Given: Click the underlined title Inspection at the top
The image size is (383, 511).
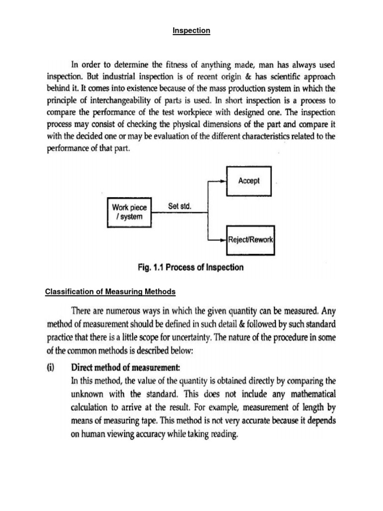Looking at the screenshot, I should coord(191,31).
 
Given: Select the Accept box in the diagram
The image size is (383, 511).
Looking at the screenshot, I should coord(248,181).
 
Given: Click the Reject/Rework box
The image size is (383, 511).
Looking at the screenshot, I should coord(251,239).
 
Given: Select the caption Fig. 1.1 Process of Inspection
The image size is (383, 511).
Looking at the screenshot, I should coord(191,267).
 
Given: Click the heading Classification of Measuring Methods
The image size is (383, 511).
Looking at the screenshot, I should coord(110,291).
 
